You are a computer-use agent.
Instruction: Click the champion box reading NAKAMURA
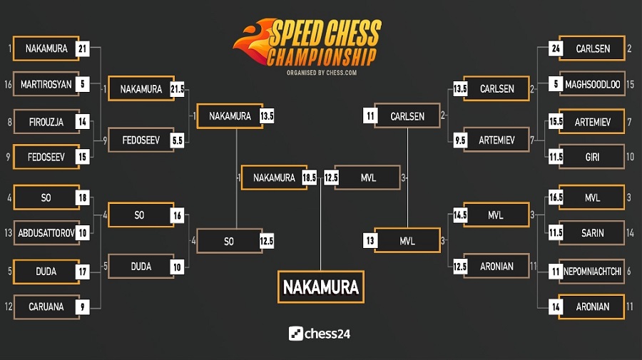pos(320,287)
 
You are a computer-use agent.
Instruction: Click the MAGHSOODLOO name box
pos(591,84)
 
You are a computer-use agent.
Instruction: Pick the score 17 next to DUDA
pos(83,272)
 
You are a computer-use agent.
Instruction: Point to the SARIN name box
pos(591,233)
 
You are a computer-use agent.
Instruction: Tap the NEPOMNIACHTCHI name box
pos(591,272)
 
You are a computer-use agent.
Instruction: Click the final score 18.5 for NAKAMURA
pos(309,178)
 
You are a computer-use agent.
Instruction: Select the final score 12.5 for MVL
pos(331,178)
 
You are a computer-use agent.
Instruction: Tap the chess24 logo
pos(320,333)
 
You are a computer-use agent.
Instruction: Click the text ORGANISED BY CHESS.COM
pos(321,73)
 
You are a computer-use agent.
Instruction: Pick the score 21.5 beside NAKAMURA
pos(178,89)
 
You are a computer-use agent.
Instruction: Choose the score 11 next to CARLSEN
pos(370,116)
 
